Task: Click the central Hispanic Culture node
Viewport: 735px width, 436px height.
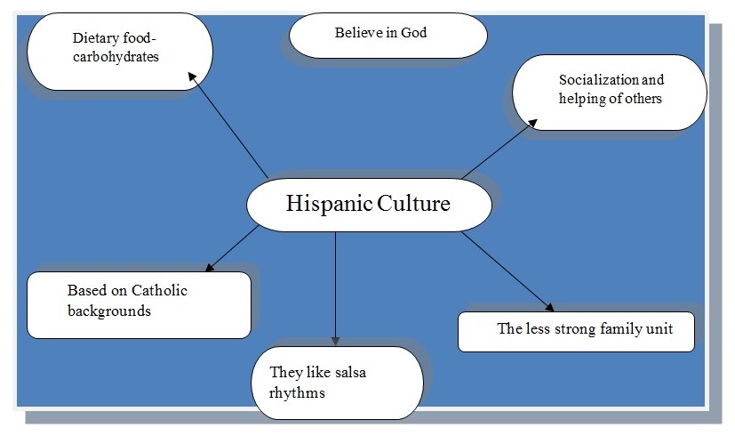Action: (x=368, y=205)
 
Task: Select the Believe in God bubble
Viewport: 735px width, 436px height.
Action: (x=388, y=36)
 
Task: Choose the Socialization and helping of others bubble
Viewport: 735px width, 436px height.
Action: (x=610, y=92)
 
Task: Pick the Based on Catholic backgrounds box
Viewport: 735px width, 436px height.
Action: (x=139, y=304)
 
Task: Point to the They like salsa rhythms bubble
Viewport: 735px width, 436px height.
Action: (x=336, y=383)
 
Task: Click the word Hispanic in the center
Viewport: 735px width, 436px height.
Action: (x=324, y=204)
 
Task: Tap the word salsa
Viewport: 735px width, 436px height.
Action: (x=347, y=372)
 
